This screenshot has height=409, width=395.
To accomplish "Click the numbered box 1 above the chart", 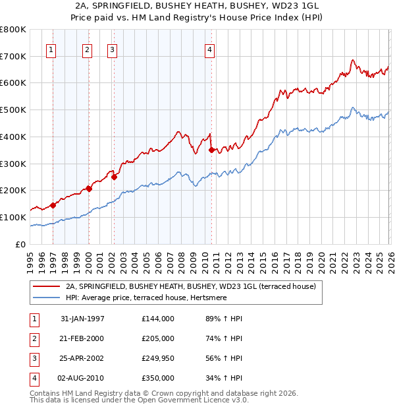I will pyautogui.click(x=51, y=49).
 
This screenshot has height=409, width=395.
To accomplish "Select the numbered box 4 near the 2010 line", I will pyautogui.click(x=209, y=49).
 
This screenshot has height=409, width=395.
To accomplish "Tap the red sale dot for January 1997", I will pyautogui.click(x=53, y=205).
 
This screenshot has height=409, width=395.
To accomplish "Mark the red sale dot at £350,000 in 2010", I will pyautogui.click(x=211, y=150).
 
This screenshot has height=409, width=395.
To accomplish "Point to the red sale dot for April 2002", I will pyautogui.click(x=114, y=177).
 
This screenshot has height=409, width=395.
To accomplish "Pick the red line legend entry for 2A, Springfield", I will pyautogui.click(x=191, y=286).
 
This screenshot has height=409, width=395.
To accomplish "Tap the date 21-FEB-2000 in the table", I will pyautogui.click(x=82, y=338).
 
